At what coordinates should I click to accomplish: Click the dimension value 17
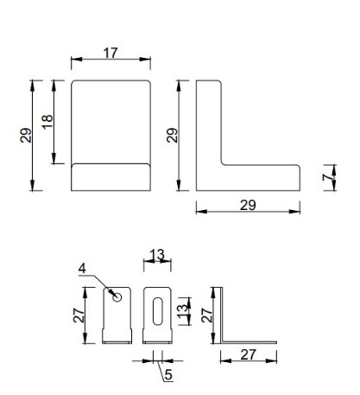pyautogui.click(x=111, y=53)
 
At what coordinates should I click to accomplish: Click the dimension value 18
pyautogui.click(x=47, y=122)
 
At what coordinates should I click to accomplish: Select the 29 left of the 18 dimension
pyautogui.click(x=26, y=135)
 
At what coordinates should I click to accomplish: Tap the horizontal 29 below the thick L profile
pyautogui.click(x=248, y=205)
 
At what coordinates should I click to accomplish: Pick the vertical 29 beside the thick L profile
pyautogui.click(x=173, y=135)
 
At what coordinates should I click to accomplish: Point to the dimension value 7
pyautogui.click(x=327, y=178)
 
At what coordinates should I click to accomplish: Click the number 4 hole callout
pyautogui.click(x=82, y=269)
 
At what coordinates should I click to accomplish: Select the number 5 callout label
pyautogui.click(x=168, y=374)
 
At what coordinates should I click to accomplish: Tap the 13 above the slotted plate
pyautogui.click(x=157, y=255)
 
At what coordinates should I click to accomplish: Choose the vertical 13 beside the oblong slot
pyautogui.click(x=182, y=311)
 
